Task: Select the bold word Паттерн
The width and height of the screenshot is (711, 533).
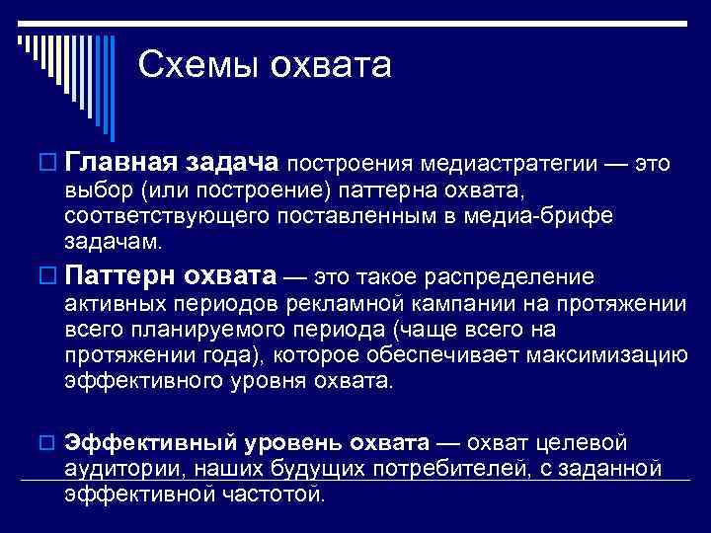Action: point(114,276)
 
